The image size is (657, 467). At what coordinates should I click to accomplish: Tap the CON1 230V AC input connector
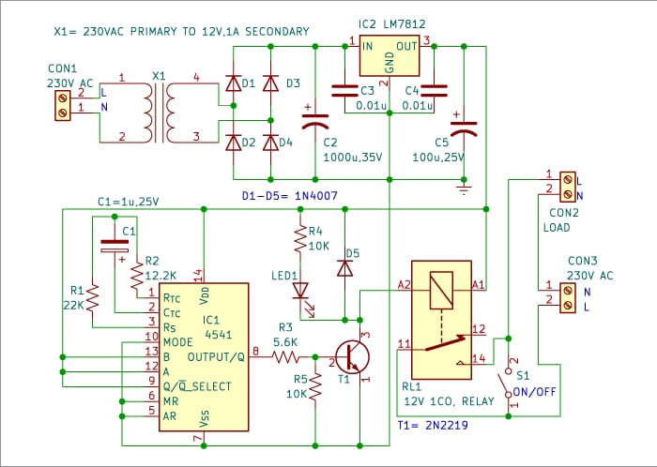(63, 104)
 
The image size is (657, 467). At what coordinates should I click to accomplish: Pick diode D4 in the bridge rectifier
(271, 143)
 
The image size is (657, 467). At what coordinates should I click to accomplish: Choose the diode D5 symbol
(344, 267)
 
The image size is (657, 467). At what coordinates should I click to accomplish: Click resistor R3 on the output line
(284, 357)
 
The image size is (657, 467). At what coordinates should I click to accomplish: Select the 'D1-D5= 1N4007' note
(290, 197)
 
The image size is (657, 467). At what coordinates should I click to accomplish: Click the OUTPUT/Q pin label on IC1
(217, 357)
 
